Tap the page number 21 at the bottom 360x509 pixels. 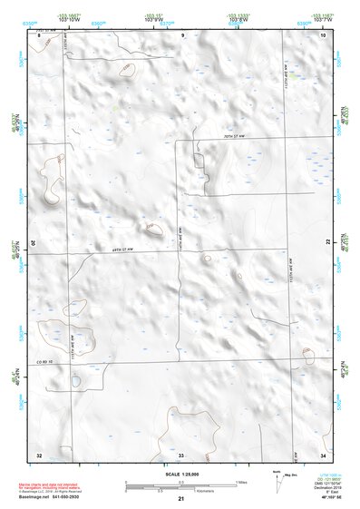(x=180, y=500)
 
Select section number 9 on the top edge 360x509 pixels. (x=181, y=34)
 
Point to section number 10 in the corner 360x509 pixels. (x=324, y=34)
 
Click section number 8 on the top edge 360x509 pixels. (x=38, y=34)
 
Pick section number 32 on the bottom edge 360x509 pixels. (x=38, y=454)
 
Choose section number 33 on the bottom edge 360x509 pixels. (x=180, y=454)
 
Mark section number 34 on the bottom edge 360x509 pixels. (x=324, y=454)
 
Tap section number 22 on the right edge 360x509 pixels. (x=327, y=244)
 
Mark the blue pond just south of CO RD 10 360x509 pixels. (x=75, y=381)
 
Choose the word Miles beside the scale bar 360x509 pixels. (x=240, y=481)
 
